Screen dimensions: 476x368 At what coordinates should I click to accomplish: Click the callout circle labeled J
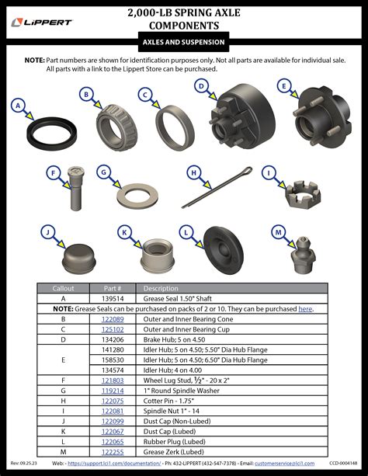47,232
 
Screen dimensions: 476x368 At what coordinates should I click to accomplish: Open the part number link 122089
113,318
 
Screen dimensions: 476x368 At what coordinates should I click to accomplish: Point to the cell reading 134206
113,339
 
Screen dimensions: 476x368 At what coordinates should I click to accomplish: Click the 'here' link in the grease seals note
305,308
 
